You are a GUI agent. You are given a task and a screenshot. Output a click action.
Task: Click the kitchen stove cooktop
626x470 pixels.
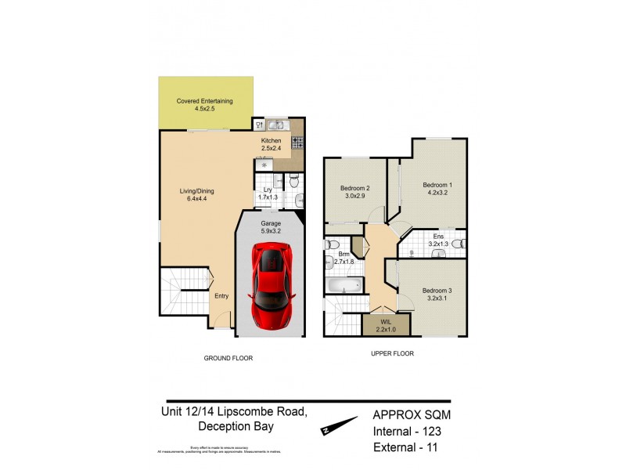pyautogui.click(x=297, y=143)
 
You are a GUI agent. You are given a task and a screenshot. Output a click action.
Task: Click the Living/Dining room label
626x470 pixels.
pyautogui.click(x=195, y=195)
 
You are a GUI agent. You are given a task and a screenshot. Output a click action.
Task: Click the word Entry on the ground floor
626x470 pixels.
pyautogui.click(x=221, y=296)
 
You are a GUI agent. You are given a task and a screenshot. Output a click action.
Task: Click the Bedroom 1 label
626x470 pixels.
pyautogui.click(x=438, y=189)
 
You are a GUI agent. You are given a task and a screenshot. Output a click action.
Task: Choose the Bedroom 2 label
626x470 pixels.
pyautogui.click(x=354, y=192)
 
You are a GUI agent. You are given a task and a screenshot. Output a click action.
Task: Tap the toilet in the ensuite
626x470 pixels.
pyautogui.click(x=459, y=244)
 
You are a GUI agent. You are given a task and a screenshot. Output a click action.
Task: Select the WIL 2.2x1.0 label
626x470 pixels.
pyautogui.click(x=386, y=325)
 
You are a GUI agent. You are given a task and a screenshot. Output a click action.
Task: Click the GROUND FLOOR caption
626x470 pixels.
pyautogui.click(x=228, y=358)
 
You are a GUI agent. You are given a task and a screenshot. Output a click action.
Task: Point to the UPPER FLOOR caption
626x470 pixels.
pyautogui.click(x=392, y=353)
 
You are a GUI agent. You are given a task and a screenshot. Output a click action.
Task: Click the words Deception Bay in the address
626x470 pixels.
pyautogui.click(x=235, y=427)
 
